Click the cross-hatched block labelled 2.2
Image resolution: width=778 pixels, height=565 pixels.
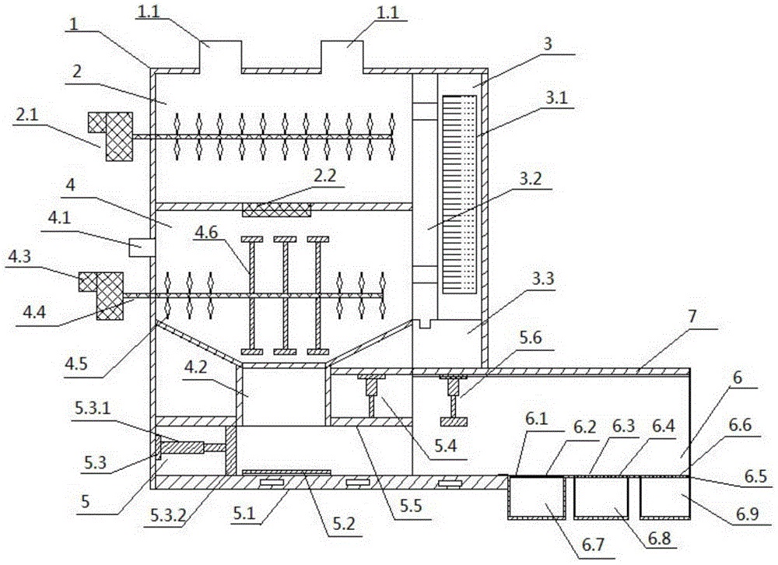coord(278,208)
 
